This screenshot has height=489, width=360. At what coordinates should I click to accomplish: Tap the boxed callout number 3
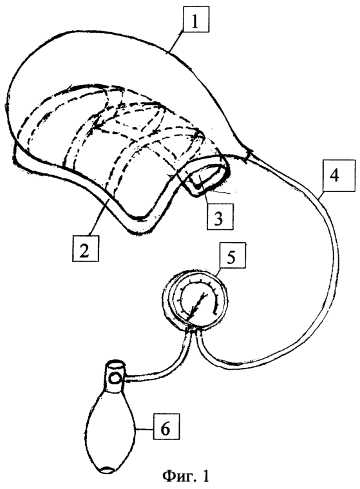tap(220, 216)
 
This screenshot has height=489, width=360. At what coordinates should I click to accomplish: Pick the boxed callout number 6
tap(166, 428)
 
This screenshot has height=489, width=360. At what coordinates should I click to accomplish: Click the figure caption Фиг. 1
tap(185, 476)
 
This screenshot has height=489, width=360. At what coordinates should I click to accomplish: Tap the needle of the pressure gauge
tap(196, 306)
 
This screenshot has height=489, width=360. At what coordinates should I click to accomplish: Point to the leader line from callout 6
tap(144, 430)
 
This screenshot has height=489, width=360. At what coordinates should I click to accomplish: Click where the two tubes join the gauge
tap(194, 330)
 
